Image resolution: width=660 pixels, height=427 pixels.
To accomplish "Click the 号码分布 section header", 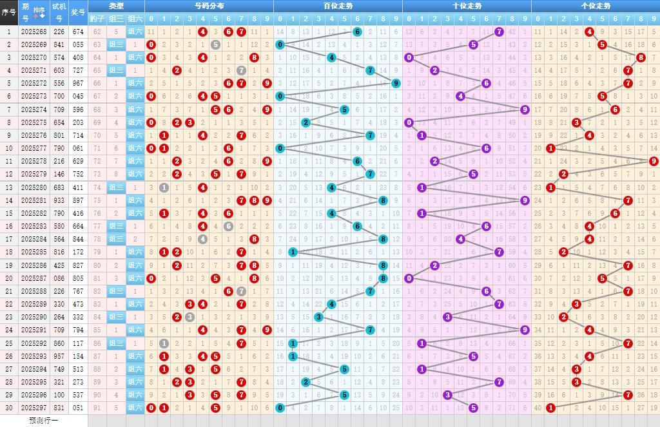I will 209,6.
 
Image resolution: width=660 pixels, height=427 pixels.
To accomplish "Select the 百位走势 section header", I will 338,6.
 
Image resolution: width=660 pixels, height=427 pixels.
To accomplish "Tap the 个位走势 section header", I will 596,6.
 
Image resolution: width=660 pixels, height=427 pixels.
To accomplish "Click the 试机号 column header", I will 59,12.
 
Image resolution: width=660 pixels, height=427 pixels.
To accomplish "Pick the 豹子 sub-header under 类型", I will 97,18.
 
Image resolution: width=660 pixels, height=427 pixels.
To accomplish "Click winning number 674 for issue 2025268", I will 78,32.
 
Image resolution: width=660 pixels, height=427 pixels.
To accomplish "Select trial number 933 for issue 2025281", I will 59,200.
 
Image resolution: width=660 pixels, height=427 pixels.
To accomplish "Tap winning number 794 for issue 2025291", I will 78,330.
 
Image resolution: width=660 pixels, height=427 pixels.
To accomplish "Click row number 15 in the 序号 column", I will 9,213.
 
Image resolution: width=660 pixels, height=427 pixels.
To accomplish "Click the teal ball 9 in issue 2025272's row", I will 396,83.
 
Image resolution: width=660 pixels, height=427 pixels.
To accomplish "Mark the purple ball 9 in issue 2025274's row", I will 525,109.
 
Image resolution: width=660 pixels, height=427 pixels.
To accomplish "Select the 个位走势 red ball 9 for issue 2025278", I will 654,161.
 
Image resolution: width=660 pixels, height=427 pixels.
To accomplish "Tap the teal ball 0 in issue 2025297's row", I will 280,408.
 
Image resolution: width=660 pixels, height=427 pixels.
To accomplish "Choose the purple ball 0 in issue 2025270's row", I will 409,57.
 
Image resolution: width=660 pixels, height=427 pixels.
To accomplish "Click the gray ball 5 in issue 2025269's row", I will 215,44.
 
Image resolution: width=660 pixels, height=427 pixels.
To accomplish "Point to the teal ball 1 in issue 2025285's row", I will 293,252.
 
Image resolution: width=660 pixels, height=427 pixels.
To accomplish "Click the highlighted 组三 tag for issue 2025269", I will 117,44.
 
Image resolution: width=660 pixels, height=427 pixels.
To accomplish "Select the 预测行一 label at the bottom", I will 44,420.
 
